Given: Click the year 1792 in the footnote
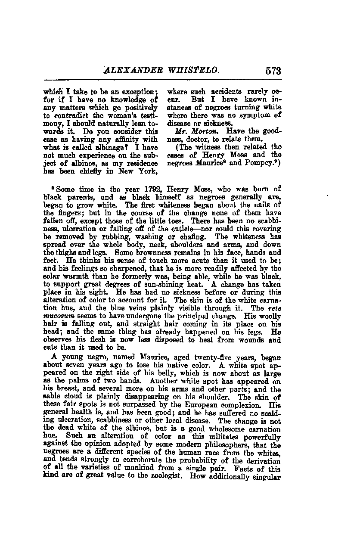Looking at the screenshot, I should point(144,188).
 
